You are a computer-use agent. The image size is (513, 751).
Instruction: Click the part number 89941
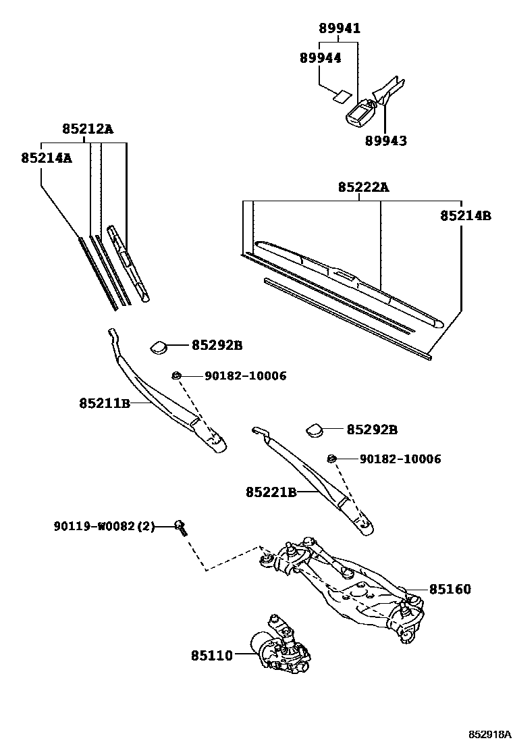339,28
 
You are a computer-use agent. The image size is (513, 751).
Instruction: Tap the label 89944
320,58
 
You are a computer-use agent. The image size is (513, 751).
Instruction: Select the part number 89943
386,140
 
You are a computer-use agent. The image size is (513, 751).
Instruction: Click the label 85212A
88,129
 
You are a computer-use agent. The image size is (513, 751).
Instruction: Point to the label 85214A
46,157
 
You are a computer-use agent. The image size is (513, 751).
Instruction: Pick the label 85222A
363,187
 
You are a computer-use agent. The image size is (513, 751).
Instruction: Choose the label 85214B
465,215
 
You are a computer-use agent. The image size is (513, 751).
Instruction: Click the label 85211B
104,403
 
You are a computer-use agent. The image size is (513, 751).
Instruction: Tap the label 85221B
271,492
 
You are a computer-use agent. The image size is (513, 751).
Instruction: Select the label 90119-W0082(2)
105,525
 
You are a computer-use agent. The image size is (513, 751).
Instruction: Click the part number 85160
449,590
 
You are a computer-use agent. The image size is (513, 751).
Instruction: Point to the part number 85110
211,654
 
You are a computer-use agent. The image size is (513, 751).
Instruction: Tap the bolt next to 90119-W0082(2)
181,527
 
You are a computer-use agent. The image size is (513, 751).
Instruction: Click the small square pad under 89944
343,96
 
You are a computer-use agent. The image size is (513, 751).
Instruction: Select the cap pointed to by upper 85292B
159,346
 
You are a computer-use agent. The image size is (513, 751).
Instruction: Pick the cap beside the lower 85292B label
314,430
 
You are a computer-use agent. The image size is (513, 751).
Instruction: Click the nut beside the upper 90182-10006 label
176,375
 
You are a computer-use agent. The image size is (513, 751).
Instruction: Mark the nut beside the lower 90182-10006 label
331,459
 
